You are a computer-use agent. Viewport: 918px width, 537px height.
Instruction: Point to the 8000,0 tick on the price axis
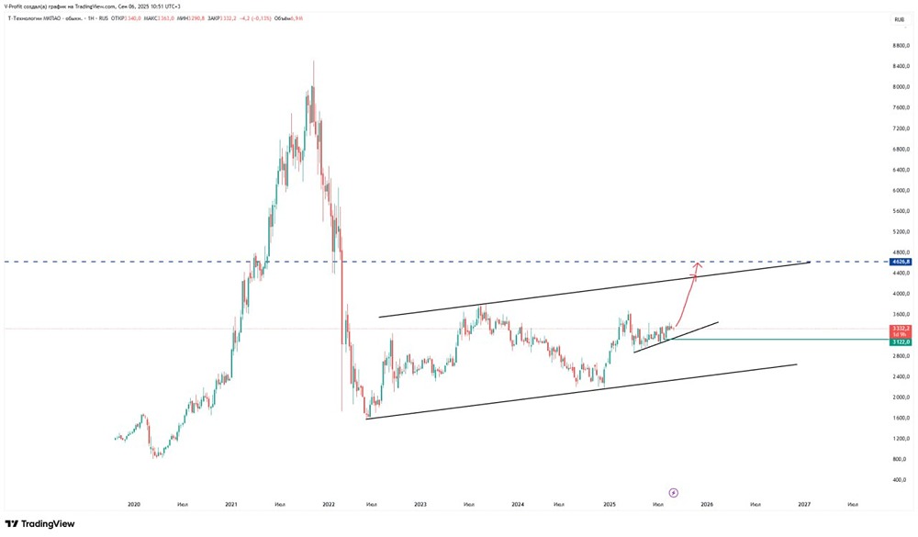[x=901, y=87]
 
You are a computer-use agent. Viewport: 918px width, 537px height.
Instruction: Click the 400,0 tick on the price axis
[x=901, y=480]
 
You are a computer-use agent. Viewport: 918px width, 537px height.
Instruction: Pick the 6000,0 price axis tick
[x=901, y=190]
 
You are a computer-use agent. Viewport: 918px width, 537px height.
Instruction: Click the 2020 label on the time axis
[x=134, y=504]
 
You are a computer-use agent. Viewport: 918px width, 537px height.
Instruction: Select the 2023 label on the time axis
[x=420, y=504]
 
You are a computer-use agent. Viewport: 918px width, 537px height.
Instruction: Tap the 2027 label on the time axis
[x=804, y=504]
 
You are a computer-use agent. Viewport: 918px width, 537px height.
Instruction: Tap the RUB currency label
[x=900, y=17]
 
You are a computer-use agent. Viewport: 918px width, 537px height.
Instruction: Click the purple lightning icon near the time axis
[x=672, y=491]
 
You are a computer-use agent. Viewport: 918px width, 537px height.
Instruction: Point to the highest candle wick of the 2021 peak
[x=313, y=62]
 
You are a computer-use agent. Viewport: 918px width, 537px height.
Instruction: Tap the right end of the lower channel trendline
[x=796, y=364]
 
